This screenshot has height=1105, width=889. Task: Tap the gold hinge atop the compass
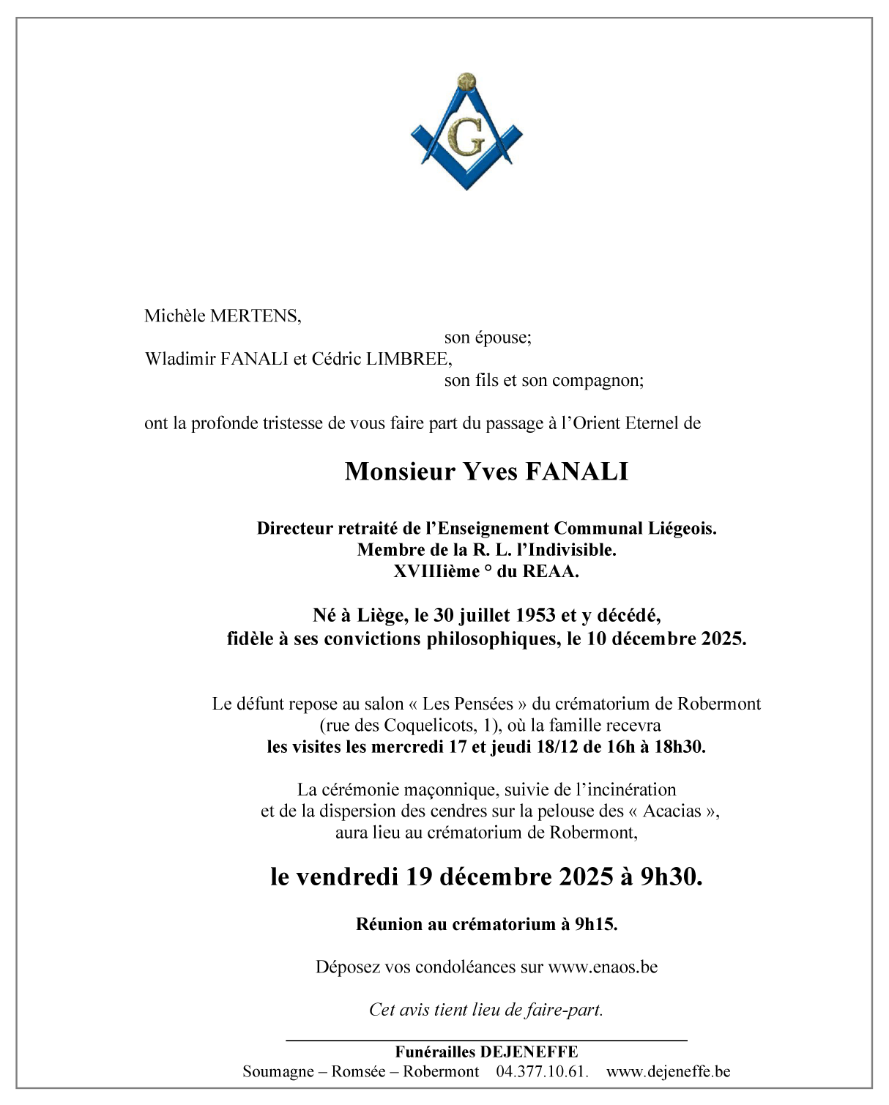466,81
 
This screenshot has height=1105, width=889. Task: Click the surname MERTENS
254,316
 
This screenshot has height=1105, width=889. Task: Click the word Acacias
672,811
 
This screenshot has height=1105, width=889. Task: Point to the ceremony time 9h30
672,877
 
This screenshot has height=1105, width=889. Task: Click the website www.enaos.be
603,967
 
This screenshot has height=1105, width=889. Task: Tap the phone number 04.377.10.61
543,1071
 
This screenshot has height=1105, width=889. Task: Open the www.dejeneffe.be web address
669,1071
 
